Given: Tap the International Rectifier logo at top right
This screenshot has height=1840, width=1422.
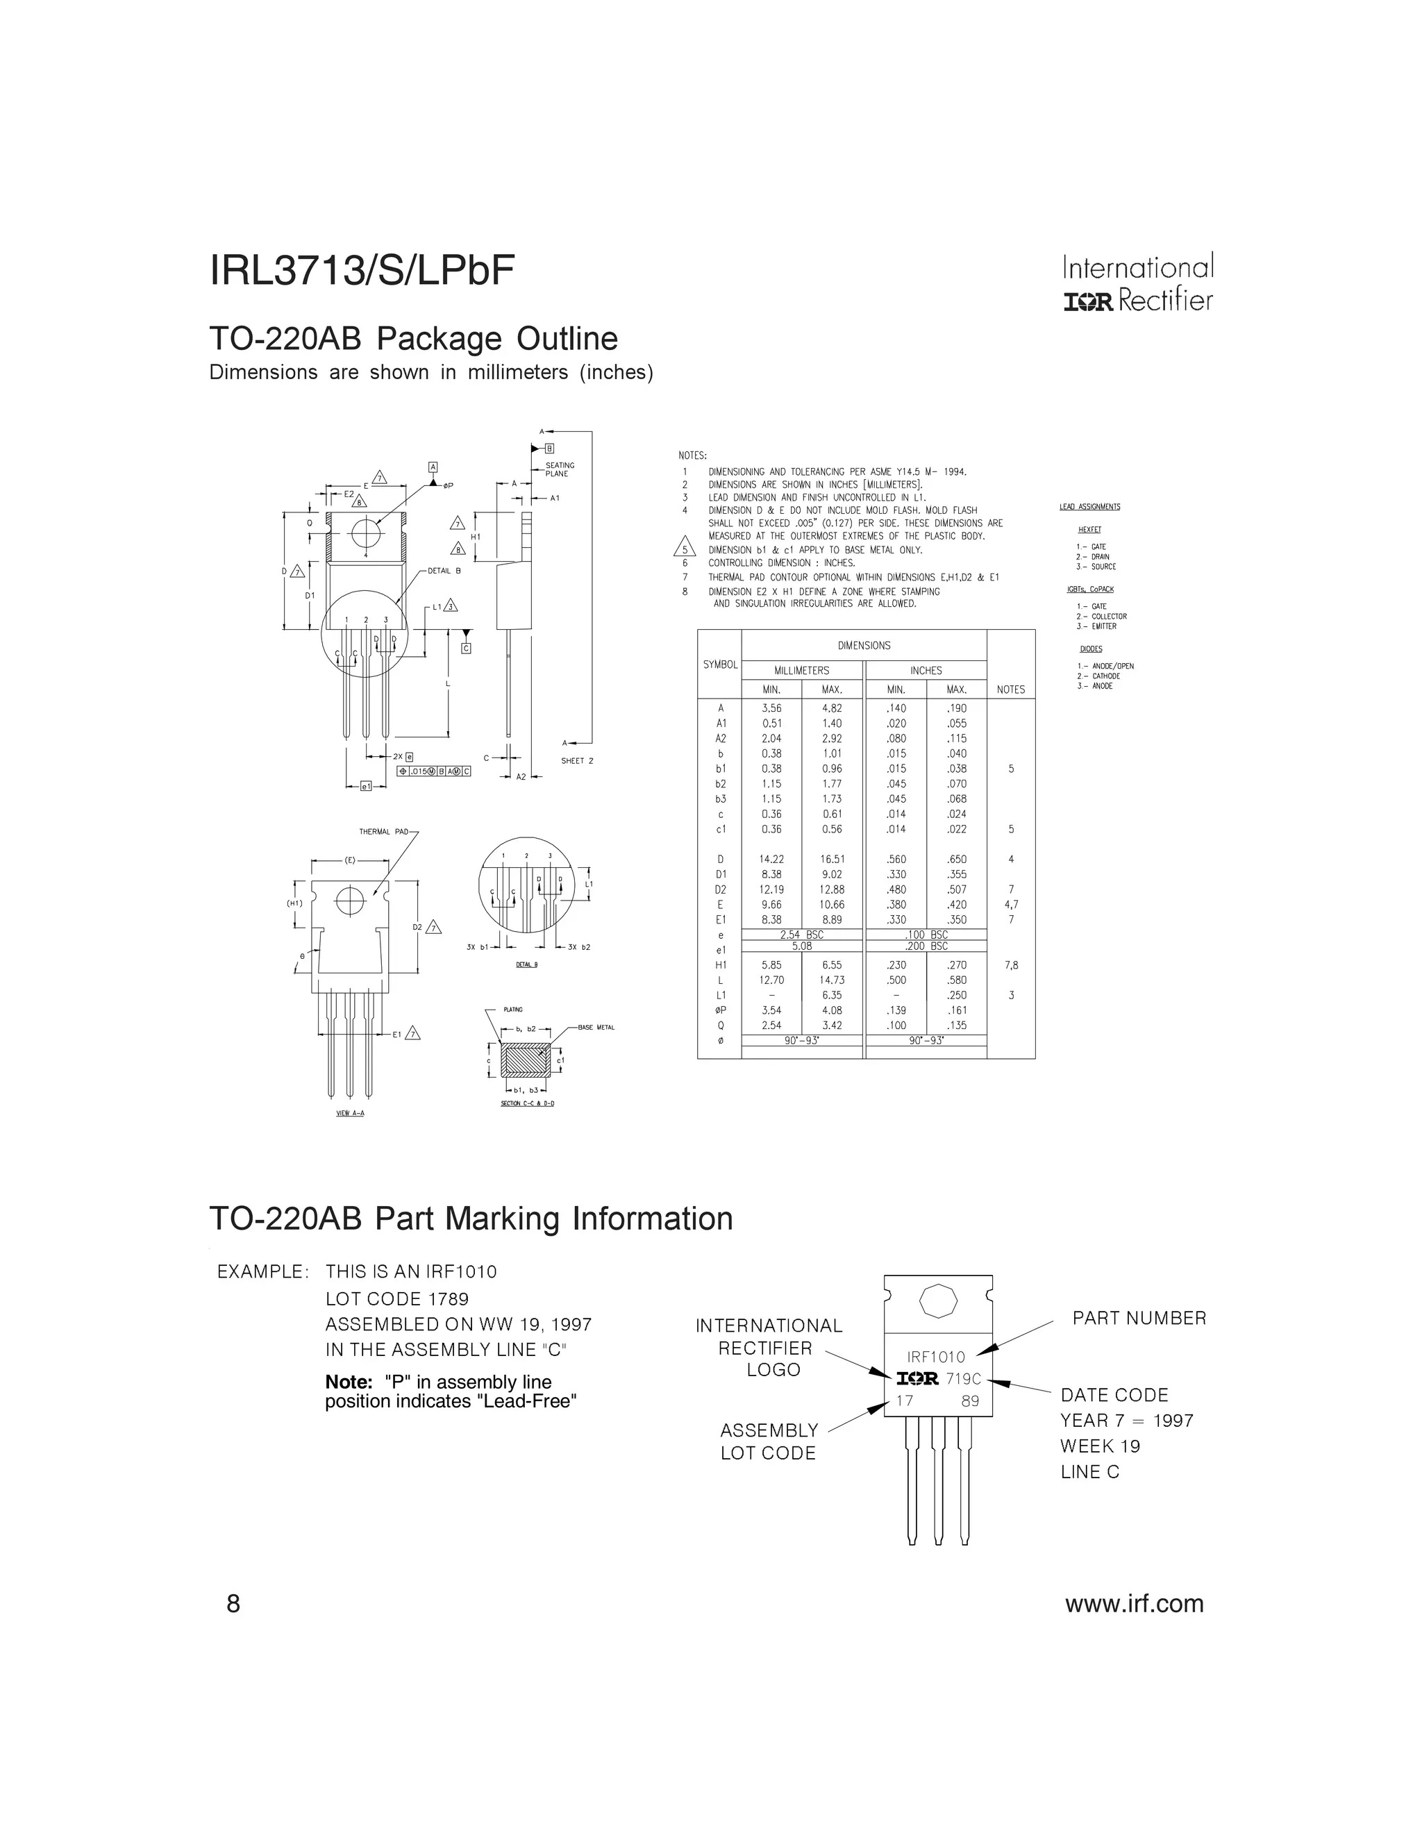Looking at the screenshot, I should [x=1137, y=284].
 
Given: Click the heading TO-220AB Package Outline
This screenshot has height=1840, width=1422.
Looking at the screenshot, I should [x=413, y=339].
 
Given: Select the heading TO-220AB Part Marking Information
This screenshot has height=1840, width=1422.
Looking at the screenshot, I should [x=470, y=1219].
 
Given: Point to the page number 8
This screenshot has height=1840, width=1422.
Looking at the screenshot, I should [x=233, y=1603].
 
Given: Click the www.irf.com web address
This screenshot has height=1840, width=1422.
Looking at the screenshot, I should [x=1134, y=1603].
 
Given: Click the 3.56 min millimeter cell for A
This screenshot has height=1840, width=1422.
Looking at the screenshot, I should [x=771, y=708].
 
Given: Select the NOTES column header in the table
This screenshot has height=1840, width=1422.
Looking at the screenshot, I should [x=1010, y=689].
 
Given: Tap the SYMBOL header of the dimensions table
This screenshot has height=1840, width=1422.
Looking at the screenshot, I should [x=719, y=664].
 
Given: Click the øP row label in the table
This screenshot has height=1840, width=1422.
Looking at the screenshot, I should [x=720, y=1010].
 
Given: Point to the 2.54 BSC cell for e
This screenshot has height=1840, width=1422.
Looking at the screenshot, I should [x=801, y=935].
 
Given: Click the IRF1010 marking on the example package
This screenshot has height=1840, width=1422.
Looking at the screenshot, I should [x=936, y=1357].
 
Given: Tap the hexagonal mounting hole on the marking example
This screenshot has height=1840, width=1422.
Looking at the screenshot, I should [x=937, y=1303].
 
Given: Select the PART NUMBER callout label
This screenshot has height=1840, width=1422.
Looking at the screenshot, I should [x=1139, y=1319].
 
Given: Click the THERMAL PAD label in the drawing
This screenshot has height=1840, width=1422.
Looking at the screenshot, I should [x=383, y=833].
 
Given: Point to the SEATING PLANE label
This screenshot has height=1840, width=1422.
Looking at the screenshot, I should [x=560, y=469].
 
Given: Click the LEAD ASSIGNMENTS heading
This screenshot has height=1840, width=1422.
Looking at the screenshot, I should [x=1089, y=507].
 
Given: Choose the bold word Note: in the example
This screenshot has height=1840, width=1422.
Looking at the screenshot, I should [x=349, y=1382].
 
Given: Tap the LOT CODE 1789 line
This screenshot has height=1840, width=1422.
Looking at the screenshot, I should [x=396, y=1298].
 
